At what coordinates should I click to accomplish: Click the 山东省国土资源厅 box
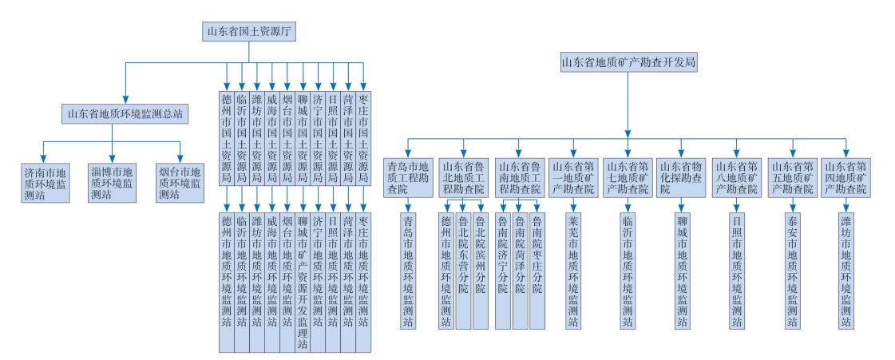[249, 32]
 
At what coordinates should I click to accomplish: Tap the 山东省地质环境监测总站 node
[125, 114]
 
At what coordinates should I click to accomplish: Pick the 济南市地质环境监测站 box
[46, 182]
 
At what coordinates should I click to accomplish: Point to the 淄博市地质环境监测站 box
[113, 182]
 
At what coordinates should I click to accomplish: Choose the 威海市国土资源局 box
[272, 139]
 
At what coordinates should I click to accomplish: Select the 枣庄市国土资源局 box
[363, 139]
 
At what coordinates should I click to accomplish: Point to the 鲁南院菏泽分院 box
[520, 270]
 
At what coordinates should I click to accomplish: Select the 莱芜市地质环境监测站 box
[572, 270]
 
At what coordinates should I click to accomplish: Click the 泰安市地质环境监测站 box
[792, 270]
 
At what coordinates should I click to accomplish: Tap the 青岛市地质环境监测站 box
[408, 270]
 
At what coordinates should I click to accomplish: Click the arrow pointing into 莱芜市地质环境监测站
[572, 205]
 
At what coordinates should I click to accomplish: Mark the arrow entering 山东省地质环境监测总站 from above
[125, 97]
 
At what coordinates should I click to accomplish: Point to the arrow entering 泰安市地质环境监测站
[792, 205]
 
